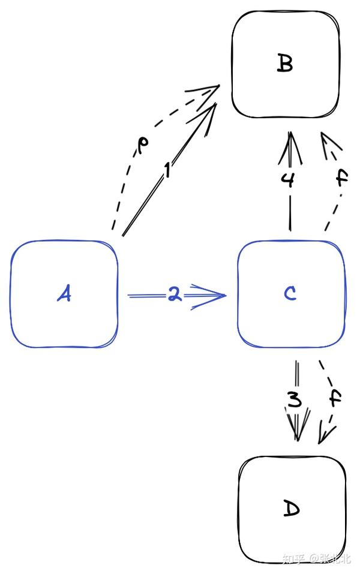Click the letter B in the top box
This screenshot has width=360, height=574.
coord(285,63)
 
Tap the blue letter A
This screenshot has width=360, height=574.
coord(64,294)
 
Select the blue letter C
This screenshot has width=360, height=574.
coord(290,293)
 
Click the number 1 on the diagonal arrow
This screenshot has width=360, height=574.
coord(168,171)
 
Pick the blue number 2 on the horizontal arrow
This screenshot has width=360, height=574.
coord(174,295)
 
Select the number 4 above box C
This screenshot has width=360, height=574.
coord(289,180)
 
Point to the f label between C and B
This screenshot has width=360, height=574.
coord(341,179)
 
